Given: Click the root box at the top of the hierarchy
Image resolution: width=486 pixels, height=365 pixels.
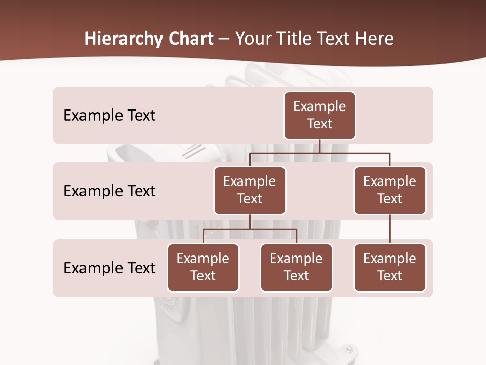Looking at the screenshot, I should [319, 116].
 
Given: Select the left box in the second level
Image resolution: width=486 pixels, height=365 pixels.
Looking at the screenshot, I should [250, 191].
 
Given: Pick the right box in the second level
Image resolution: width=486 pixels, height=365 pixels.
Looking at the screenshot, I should [390, 191].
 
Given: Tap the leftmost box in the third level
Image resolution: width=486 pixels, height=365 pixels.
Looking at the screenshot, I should [203, 268].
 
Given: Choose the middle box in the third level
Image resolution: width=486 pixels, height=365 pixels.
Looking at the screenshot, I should [296, 268].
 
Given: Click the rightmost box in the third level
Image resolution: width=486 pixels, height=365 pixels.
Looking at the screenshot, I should [390, 268].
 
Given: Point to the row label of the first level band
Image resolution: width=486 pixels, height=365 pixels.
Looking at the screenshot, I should [109, 116].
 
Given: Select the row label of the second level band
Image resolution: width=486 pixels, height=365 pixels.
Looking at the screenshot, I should [109, 191].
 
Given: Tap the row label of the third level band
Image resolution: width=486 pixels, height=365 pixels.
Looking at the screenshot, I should [109, 268].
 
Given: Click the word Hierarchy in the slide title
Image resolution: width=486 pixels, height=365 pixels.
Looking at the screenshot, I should [124, 39].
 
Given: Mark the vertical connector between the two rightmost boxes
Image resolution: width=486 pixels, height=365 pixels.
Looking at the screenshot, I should [390, 229].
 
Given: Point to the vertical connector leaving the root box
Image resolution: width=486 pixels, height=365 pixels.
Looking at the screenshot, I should [319, 146].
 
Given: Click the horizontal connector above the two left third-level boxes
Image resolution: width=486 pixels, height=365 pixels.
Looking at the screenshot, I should [250, 229].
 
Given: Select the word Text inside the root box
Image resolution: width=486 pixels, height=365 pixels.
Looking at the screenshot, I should [319, 124].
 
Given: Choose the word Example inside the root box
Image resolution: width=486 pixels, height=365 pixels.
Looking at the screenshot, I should [319, 106].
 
